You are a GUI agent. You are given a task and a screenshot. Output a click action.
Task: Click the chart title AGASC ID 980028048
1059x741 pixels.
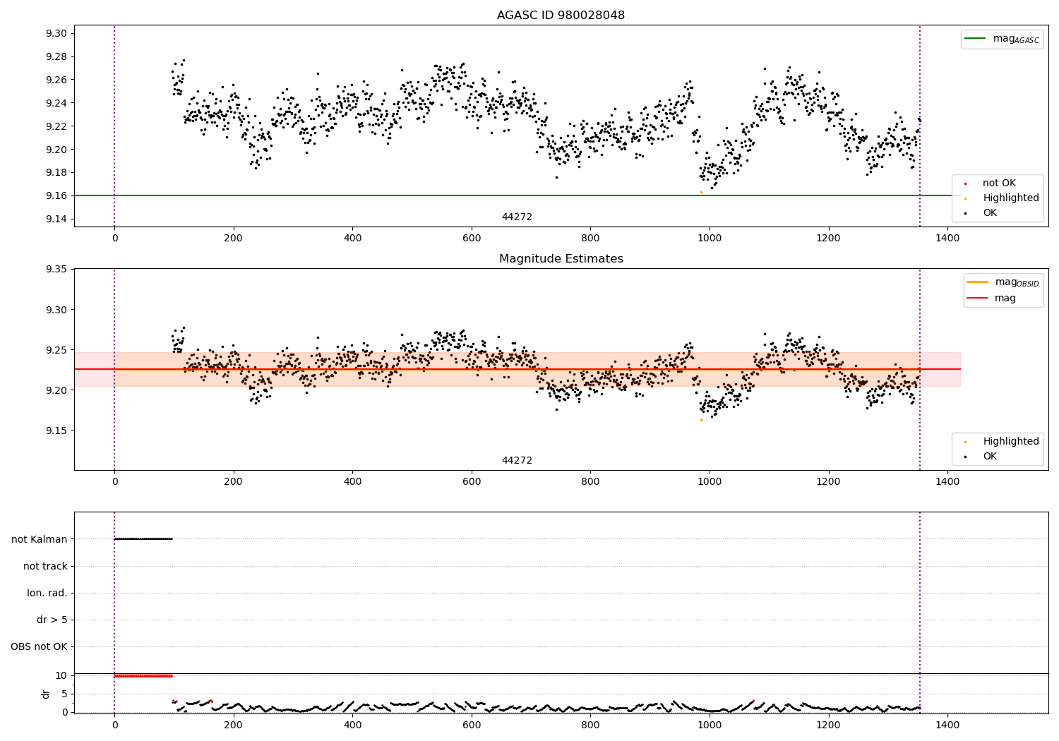(x=561, y=16)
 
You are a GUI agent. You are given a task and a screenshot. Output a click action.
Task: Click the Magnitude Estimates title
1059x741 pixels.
(x=561, y=259)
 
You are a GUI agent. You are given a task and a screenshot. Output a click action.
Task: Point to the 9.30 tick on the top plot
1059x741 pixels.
(x=56, y=33)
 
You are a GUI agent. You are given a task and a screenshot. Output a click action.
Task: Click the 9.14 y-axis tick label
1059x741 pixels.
(x=56, y=219)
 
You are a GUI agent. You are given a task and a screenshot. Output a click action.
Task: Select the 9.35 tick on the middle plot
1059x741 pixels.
(x=56, y=270)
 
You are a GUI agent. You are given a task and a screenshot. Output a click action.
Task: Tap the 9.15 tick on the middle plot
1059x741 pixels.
(x=56, y=430)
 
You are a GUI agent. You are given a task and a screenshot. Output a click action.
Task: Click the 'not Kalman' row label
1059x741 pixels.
(x=40, y=539)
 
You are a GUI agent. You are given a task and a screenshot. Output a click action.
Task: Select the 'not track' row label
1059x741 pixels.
(x=45, y=566)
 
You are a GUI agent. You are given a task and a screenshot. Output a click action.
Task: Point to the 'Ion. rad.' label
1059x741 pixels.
(x=47, y=593)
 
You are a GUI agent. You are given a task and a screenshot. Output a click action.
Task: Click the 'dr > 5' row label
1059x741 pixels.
(x=52, y=620)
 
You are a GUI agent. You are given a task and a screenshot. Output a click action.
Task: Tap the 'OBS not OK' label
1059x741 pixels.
(x=39, y=646)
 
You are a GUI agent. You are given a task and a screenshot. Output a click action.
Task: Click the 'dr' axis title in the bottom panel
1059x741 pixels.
(x=46, y=694)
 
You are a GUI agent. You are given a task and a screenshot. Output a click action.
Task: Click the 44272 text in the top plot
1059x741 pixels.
(x=517, y=217)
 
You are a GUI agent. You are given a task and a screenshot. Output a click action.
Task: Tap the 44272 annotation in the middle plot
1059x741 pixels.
(x=517, y=460)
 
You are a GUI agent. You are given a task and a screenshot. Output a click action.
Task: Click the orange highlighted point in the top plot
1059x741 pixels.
(x=701, y=192)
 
